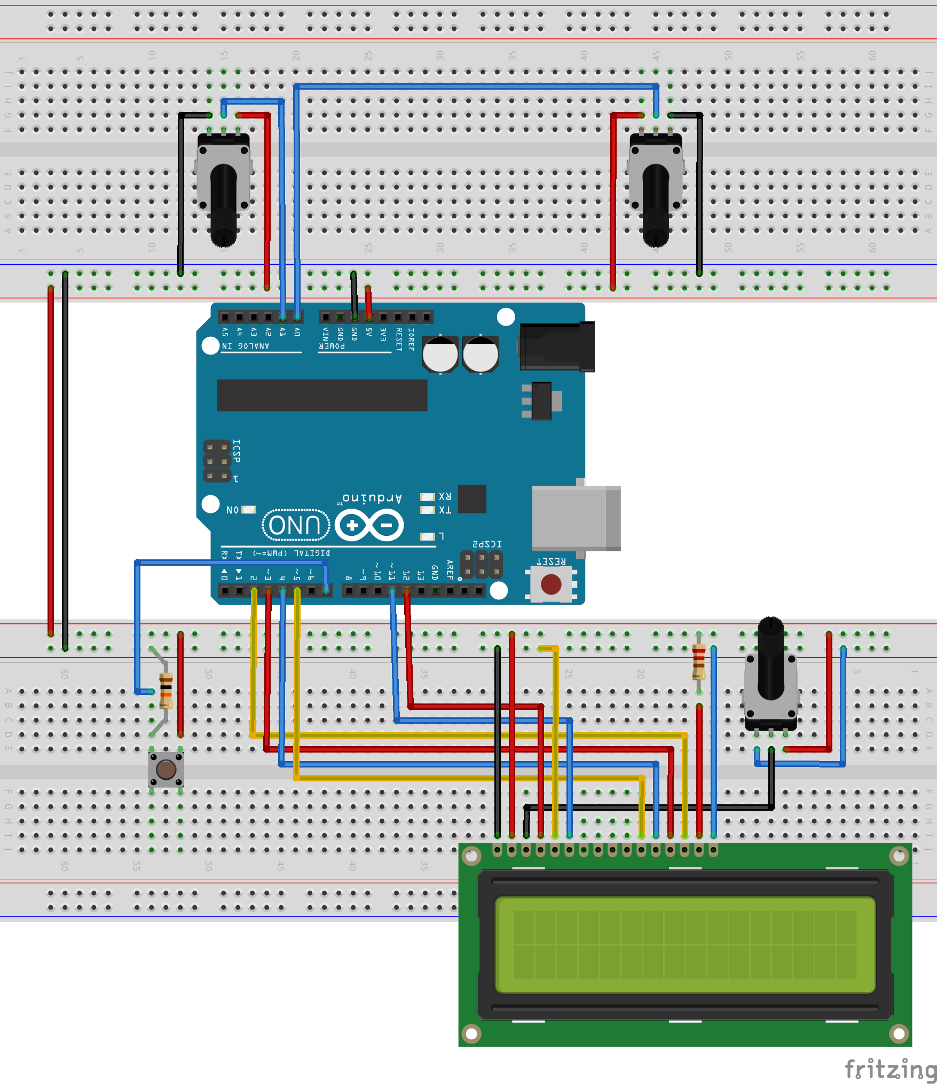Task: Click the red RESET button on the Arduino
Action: point(551,584)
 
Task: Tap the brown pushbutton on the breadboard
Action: point(166,769)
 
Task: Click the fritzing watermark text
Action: point(889,1070)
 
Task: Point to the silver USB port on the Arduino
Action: point(576,518)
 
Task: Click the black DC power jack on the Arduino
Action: point(557,346)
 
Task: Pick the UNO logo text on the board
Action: point(295,525)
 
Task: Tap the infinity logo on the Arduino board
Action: point(369,525)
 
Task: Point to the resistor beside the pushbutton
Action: point(166,691)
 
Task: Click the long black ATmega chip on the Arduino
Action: point(322,395)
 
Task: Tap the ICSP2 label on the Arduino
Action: point(487,544)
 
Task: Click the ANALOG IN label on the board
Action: point(246,346)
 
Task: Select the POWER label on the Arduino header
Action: point(332,346)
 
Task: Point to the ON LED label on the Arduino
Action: point(232,510)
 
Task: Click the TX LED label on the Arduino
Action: point(445,510)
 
